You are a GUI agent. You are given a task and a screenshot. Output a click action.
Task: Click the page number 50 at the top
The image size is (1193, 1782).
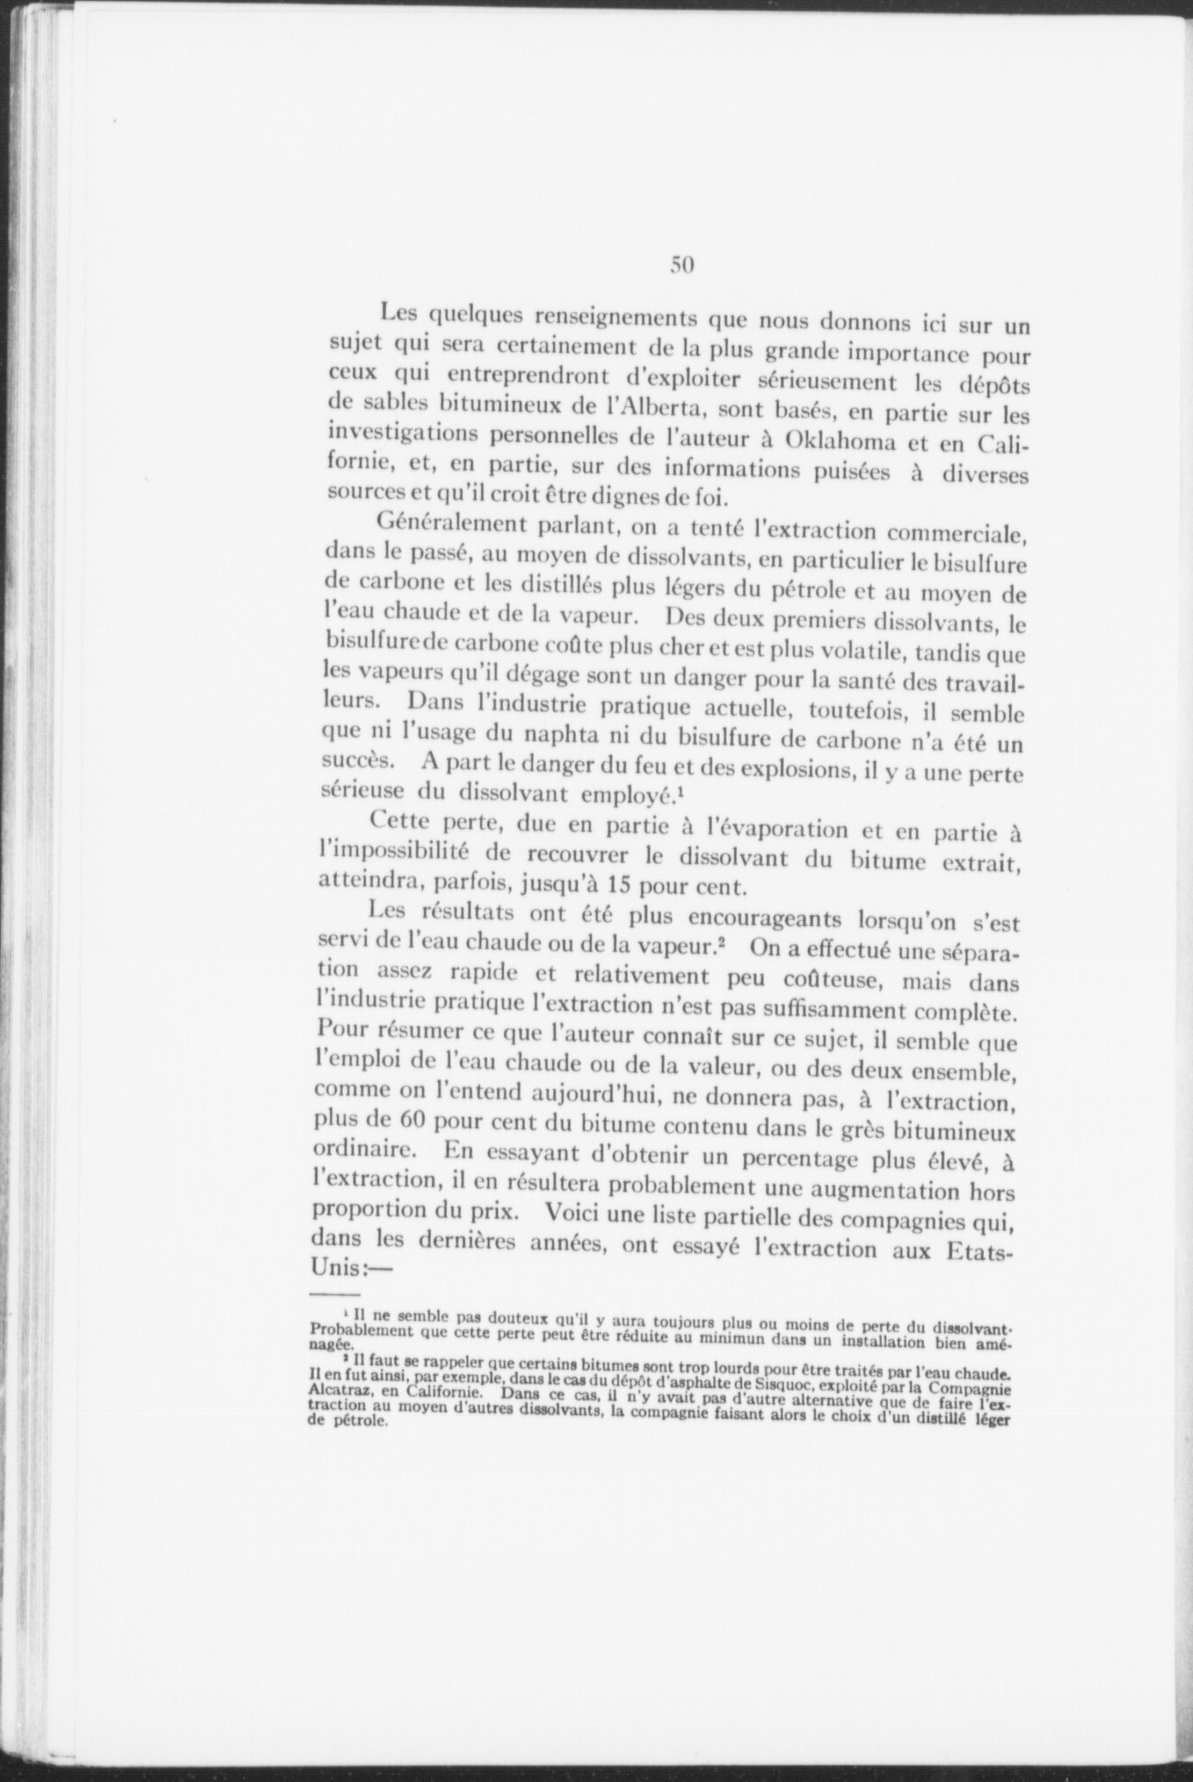tap(681, 265)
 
